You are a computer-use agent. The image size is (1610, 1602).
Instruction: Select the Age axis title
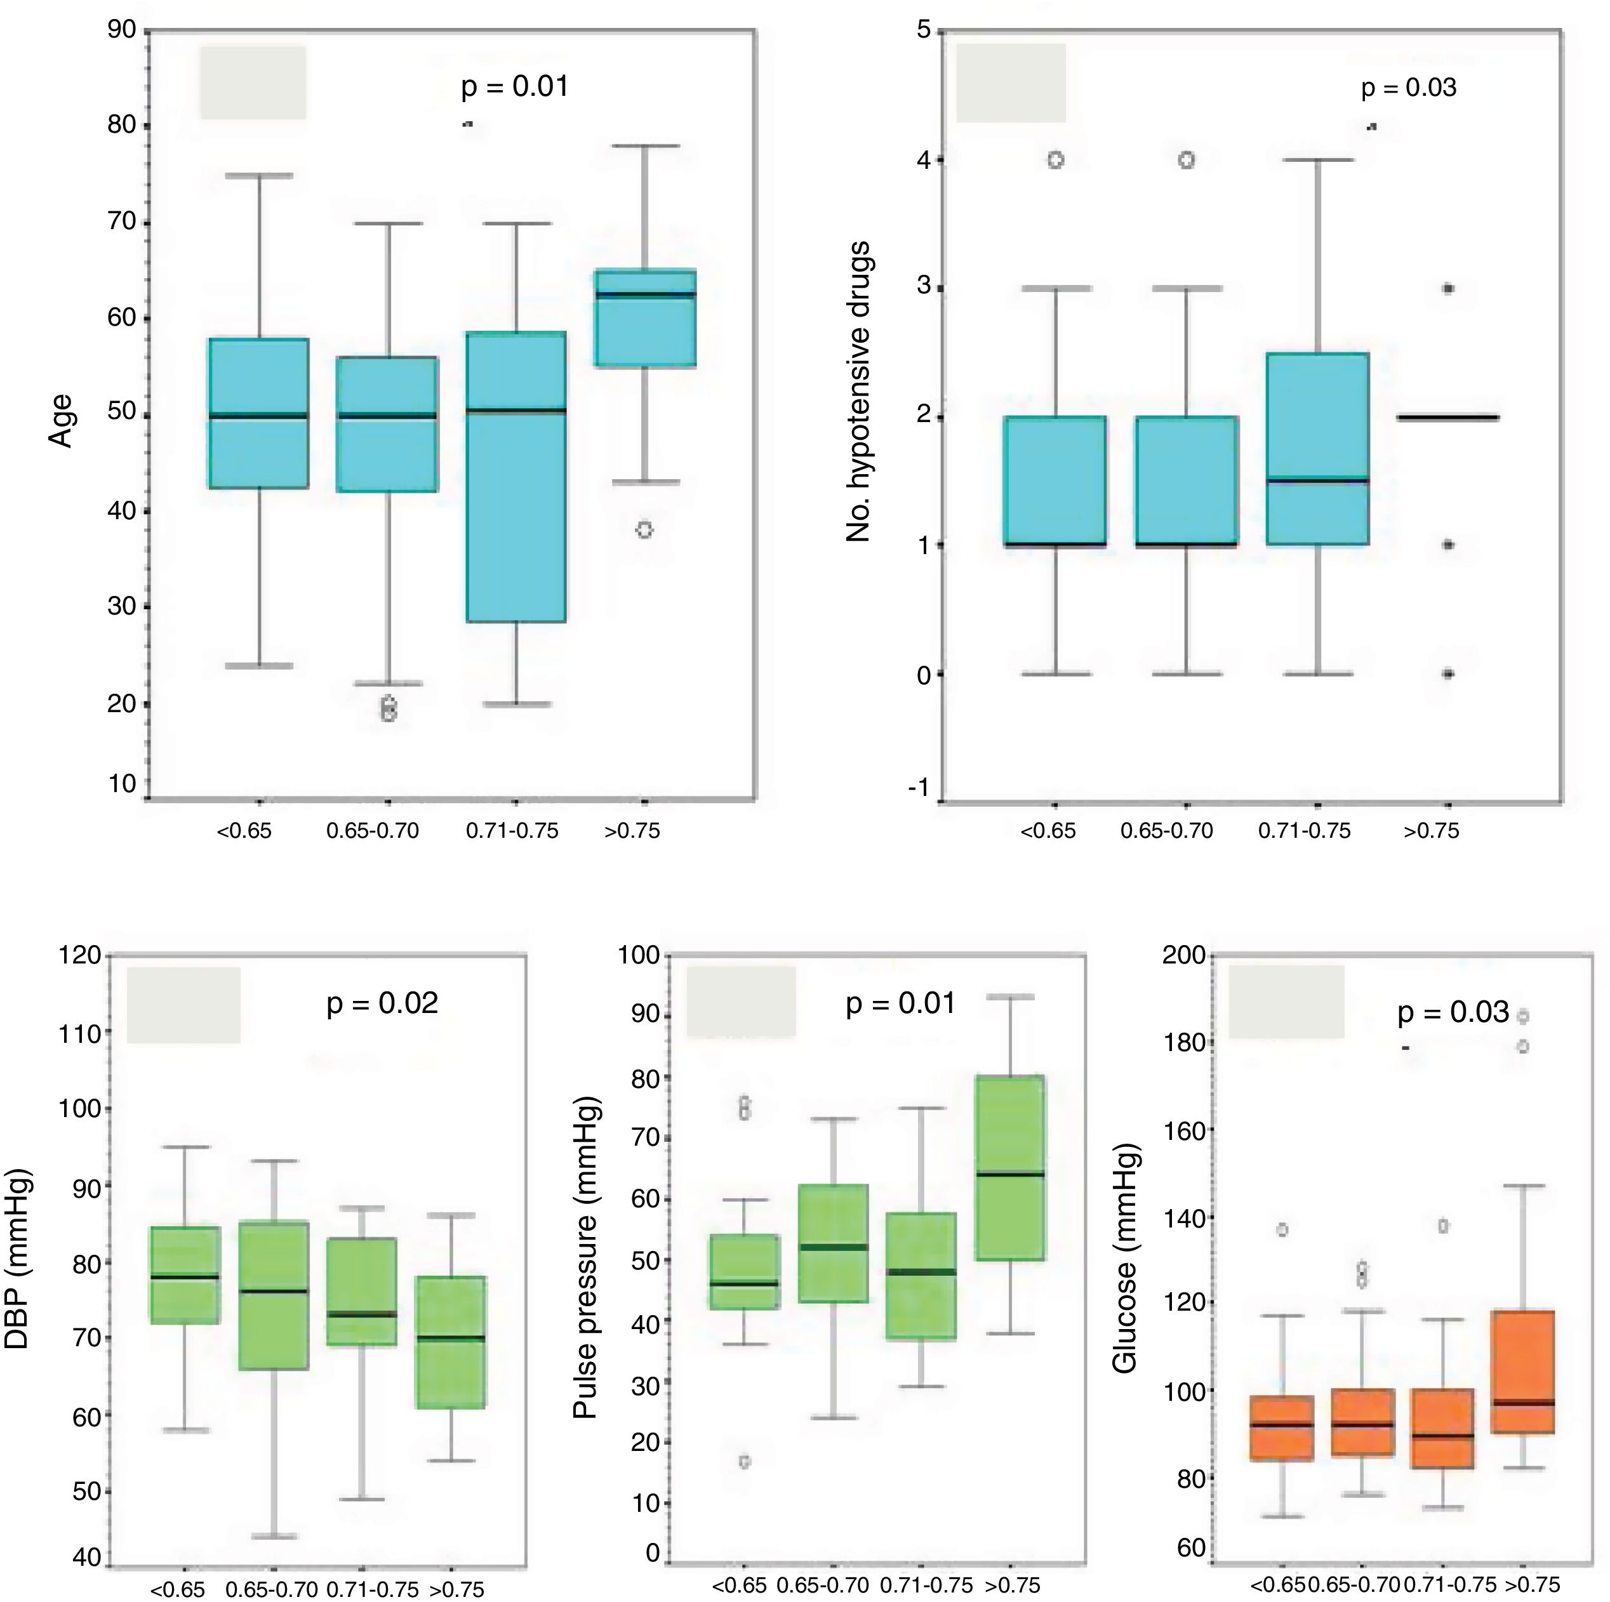[61, 421]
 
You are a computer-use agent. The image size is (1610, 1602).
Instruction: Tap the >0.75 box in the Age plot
[645, 317]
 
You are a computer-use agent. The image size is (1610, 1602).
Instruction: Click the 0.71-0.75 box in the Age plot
[516, 477]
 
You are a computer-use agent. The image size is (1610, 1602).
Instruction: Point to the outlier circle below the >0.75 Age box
[644, 530]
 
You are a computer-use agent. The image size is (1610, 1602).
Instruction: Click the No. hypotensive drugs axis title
[858, 392]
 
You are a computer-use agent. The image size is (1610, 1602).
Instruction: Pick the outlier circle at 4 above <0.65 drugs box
[1055, 160]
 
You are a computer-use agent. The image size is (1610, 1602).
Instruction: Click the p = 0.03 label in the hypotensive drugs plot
[1408, 88]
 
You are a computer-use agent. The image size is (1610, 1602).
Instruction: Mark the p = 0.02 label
[382, 1002]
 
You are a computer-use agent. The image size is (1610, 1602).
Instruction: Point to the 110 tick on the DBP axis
[80, 1034]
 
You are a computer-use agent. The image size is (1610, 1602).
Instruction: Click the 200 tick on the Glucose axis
[1184, 955]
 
